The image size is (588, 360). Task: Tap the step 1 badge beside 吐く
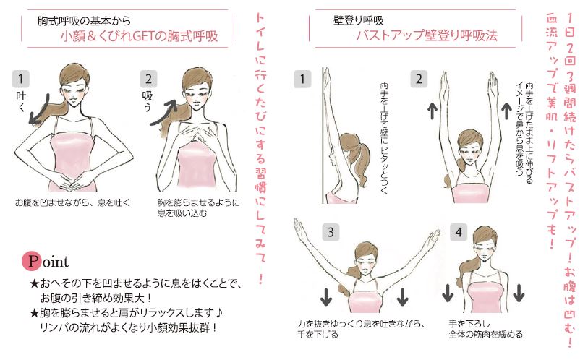(x=21, y=79)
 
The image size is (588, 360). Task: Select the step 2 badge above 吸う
(x=148, y=79)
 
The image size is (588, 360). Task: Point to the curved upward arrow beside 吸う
(x=164, y=112)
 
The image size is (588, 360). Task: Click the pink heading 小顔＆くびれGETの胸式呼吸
(x=139, y=36)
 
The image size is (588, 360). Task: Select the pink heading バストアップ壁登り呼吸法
(x=427, y=35)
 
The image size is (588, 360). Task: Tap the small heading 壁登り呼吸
(x=359, y=20)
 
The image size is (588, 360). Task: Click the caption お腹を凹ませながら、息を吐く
(x=73, y=203)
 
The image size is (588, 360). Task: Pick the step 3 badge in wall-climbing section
(x=331, y=232)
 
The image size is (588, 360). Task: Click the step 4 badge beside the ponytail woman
(x=459, y=232)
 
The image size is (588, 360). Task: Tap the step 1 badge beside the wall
(x=302, y=79)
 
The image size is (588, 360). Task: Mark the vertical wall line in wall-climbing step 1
(x=323, y=136)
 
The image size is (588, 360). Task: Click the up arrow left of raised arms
(x=433, y=111)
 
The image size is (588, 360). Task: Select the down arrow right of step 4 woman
(x=519, y=293)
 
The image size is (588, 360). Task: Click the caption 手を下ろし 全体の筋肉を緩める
(x=485, y=329)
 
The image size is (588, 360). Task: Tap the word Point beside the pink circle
(x=46, y=261)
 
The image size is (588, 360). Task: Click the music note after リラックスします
(x=220, y=312)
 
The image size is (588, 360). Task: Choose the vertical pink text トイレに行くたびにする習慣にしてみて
(x=260, y=148)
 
